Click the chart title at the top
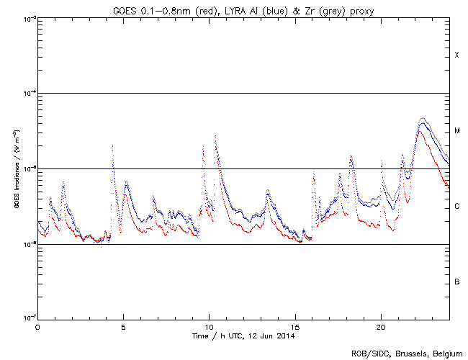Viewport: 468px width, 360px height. point(243,9)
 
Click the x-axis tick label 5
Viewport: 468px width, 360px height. point(123,326)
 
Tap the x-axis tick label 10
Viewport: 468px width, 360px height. point(209,326)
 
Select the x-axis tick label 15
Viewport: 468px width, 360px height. point(294,326)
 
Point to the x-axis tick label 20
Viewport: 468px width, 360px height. point(380,326)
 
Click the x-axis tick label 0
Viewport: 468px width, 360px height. point(37,326)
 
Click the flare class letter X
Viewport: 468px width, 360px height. point(456,55)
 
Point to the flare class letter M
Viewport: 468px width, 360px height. point(456,131)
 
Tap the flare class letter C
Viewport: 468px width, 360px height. point(456,207)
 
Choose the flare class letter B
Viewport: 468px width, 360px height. point(456,282)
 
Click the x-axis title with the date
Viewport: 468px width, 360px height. point(243,336)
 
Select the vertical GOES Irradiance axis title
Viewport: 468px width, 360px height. point(15,169)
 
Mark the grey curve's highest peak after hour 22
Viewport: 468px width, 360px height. point(422,117)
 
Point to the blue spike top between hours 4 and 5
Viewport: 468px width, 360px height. point(113,145)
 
